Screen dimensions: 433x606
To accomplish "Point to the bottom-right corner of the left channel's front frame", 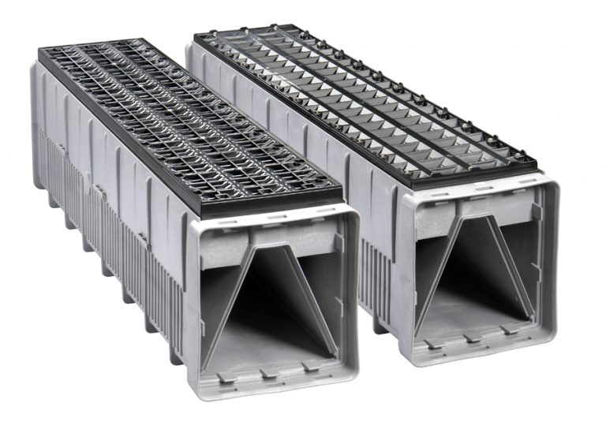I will (347, 379).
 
